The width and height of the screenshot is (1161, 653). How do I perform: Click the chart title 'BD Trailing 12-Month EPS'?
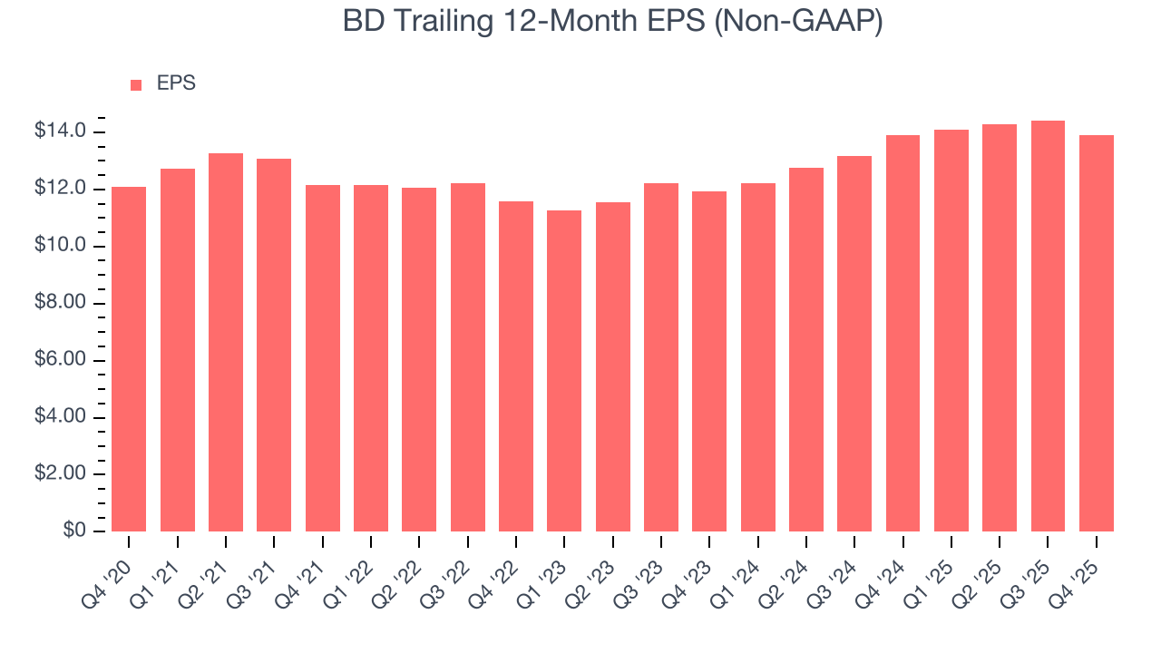526,22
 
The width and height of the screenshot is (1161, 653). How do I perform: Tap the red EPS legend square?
136,84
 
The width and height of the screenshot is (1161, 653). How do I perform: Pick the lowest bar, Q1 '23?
564,371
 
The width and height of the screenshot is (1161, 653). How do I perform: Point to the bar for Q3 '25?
1048,326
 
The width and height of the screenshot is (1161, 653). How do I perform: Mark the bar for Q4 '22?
516,366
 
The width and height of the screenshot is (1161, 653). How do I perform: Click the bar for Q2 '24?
806,350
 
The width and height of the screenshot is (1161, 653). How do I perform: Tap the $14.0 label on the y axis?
61,132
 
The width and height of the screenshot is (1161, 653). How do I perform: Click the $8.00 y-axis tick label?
61,304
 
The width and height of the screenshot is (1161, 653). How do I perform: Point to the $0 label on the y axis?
74,531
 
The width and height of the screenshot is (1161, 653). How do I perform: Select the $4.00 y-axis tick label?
61,417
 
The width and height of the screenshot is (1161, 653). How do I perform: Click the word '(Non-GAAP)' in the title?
798,22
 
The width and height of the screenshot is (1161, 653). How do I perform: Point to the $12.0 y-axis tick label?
61,190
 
